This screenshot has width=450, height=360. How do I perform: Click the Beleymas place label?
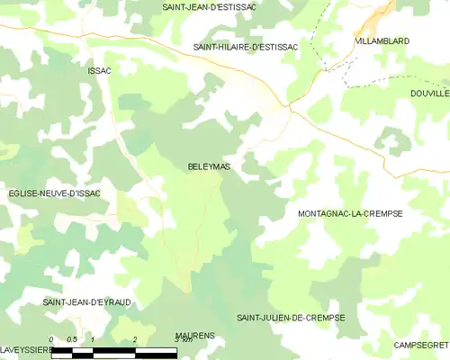tap(208, 166)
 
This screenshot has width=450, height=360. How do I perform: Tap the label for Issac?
tap(99, 69)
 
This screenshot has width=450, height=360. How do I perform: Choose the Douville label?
tap(428, 93)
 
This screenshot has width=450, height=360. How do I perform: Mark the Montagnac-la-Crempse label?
tap(349, 214)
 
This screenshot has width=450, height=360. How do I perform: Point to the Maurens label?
tap(195, 335)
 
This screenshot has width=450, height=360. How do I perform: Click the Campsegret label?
tap(421, 345)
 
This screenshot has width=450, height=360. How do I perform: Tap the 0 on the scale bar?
tap(51, 339)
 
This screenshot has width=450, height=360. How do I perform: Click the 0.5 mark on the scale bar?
tap(72, 339)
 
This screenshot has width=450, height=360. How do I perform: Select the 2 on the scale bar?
tap(135, 339)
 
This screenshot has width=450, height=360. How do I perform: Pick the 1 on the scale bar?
tap(94, 339)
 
